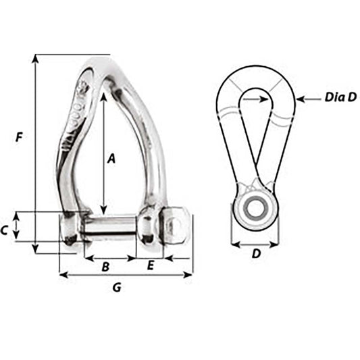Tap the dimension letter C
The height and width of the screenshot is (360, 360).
[4, 230]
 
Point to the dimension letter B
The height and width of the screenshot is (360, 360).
[105, 267]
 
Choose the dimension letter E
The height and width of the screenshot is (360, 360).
[150, 266]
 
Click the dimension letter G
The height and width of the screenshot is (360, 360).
[116, 288]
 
